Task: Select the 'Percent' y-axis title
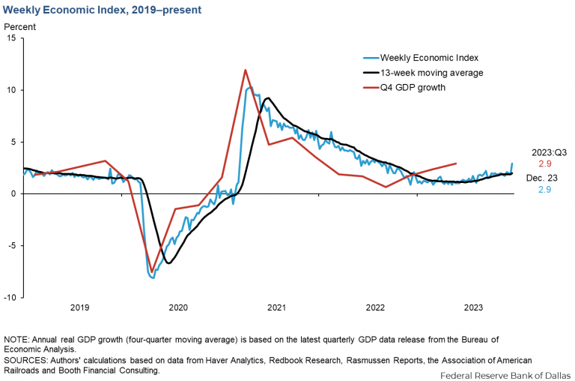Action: [x=20, y=27]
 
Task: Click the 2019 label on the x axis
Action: [x=79, y=307]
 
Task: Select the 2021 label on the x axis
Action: [x=276, y=307]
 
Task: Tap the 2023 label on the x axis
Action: [x=473, y=307]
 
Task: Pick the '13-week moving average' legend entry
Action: [x=431, y=73]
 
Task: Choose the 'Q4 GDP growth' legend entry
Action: [x=413, y=88]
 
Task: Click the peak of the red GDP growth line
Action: [x=246, y=70]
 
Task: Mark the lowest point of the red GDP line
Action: [x=152, y=271]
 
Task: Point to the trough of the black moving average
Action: [x=168, y=262]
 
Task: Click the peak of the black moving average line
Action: [x=268, y=98]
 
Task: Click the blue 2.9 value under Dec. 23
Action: [x=550, y=190]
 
